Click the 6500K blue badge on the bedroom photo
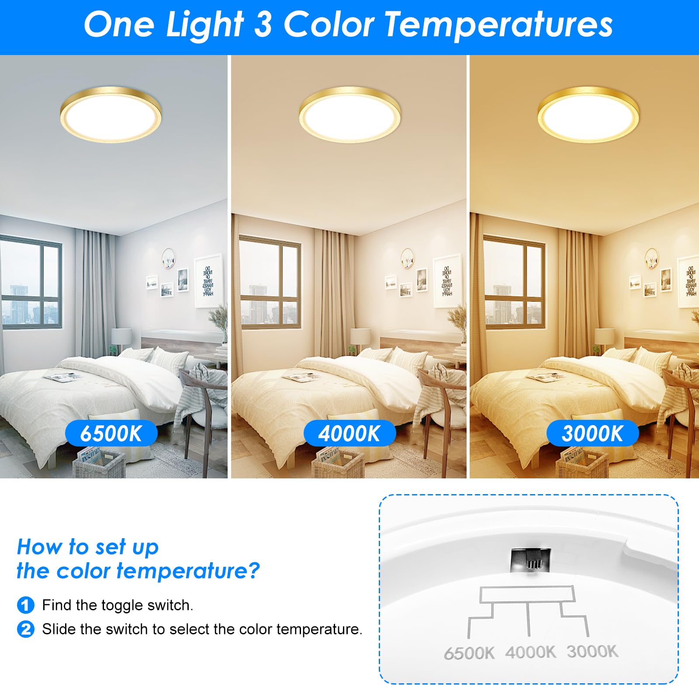tap(111, 433)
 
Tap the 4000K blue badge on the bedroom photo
tap(349, 433)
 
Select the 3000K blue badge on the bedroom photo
tap(592, 433)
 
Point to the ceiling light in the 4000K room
tap(350, 114)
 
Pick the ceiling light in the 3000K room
tap(588, 114)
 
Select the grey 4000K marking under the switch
tap(530, 652)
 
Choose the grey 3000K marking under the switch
tap(592, 651)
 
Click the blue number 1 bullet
tap(25, 605)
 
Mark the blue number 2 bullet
tap(25, 629)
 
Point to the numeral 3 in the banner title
tap(263, 24)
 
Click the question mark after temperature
tap(254, 571)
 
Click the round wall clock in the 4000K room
tap(408, 258)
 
